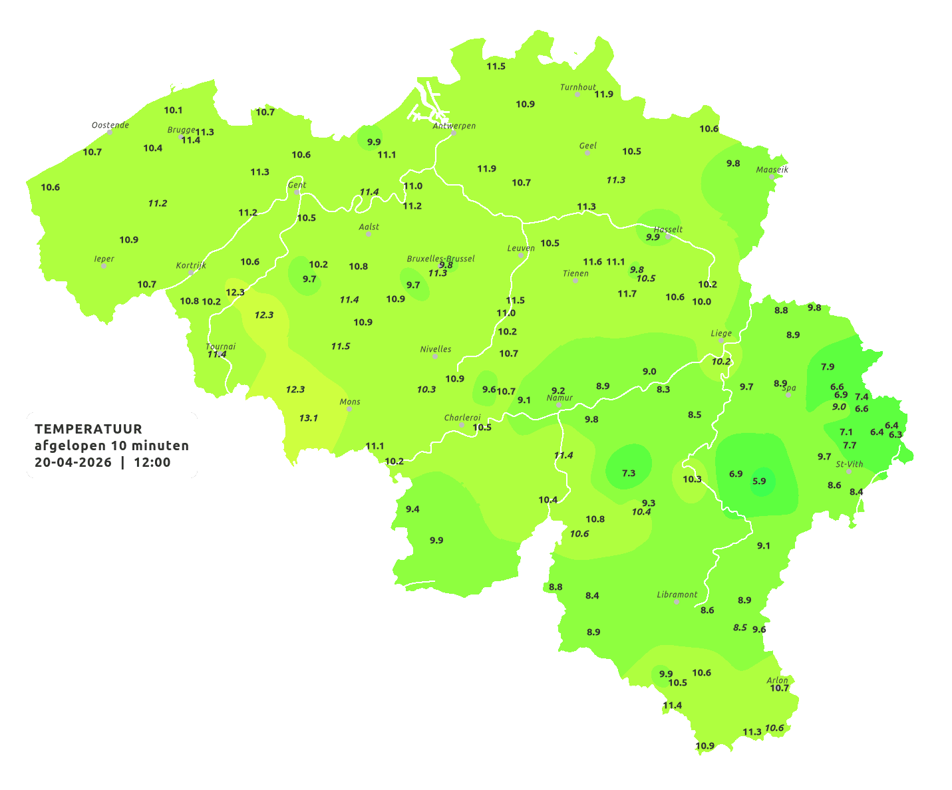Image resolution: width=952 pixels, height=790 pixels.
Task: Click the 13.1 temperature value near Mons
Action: (308, 418)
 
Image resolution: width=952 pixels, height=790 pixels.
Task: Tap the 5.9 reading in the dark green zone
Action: (759, 481)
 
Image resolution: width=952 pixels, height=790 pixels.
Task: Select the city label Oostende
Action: (110, 125)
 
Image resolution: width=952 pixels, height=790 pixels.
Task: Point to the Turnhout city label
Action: (577, 87)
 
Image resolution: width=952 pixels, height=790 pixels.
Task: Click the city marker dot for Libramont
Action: (677, 602)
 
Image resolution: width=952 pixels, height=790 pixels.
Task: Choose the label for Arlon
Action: (777, 680)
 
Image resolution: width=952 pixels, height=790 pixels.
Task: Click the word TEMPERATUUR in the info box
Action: (88, 429)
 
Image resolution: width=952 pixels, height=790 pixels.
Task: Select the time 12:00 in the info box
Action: (152, 462)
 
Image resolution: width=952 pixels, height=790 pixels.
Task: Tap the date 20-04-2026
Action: (73, 462)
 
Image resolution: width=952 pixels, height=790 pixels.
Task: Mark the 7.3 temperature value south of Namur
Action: (628, 473)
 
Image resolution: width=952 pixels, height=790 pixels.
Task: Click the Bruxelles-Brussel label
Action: (440, 259)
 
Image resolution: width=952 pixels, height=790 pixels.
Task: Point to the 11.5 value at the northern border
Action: (496, 66)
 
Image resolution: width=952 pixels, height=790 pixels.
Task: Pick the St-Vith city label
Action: (849, 464)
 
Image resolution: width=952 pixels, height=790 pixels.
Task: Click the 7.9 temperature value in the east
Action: (828, 367)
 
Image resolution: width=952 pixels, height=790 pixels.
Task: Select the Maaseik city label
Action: (772, 170)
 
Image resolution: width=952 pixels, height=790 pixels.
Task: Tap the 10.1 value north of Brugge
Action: (173, 110)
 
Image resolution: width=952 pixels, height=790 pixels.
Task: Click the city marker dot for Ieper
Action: (103, 266)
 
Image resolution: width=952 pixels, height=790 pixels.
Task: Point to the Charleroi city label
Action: (462, 418)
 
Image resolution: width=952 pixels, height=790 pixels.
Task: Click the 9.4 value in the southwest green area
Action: (412, 509)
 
